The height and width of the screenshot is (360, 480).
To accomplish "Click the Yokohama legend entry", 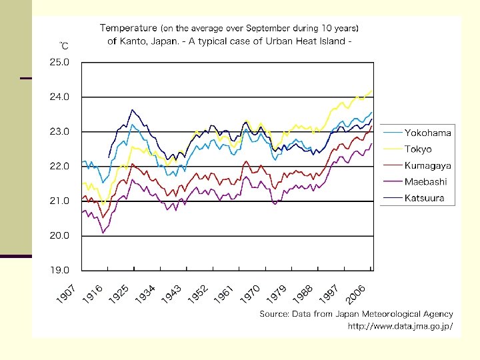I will (x=427, y=133).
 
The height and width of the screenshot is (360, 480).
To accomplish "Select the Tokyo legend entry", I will (x=418, y=149).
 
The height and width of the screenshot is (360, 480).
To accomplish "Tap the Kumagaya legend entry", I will (x=427, y=165).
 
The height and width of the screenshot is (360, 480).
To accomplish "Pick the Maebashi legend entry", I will (x=425, y=181).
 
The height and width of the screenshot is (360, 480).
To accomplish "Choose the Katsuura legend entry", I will (x=424, y=198).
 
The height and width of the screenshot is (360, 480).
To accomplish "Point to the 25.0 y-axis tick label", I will (x=59, y=62).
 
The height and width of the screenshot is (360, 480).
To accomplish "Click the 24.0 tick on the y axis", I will (x=59, y=97).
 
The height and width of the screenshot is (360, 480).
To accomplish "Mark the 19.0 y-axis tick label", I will (x=59, y=270).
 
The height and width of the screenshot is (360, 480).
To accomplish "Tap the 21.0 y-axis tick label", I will (x=59, y=201).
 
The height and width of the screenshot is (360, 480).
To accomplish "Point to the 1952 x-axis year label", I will (x=198, y=296).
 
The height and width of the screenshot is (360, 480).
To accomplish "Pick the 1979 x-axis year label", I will (x=277, y=296).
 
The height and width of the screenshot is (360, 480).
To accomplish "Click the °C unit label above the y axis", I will (x=64, y=46).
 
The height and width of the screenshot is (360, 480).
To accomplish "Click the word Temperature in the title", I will (x=128, y=28).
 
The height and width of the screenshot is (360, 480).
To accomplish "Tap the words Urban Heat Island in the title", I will (x=307, y=41).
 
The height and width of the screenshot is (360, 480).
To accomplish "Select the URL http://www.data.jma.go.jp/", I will (x=400, y=326).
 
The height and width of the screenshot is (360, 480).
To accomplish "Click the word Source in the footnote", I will (x=273, y=313).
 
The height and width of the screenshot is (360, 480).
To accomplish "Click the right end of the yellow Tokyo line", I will (x=371, y=91).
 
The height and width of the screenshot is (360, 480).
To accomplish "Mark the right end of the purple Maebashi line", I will (x=371, y=143).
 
